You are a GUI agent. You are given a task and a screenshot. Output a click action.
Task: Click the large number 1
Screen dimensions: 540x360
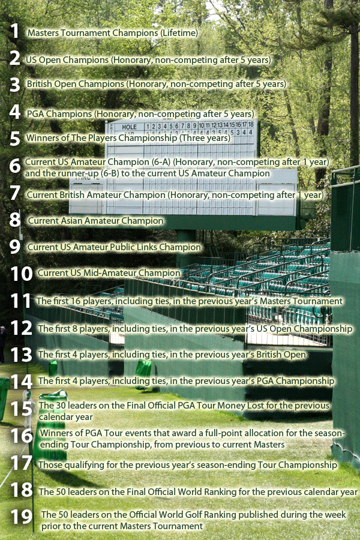click(14, 31)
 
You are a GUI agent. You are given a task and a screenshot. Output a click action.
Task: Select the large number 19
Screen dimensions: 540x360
click(22, 517)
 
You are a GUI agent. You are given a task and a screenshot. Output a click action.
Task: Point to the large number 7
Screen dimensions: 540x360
click(15, 193)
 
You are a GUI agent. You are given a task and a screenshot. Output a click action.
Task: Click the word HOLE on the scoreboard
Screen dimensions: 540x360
click(129, 127)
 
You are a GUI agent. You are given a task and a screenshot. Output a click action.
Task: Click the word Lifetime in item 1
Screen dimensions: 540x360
click(179, 32)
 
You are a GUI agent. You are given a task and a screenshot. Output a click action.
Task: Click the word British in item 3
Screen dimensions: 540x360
click(41, 84)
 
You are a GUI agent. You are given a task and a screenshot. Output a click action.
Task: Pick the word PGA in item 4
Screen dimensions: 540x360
click(36, 113)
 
